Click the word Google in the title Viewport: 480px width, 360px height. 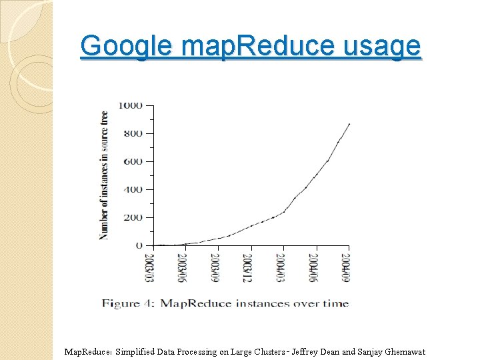(126, 46)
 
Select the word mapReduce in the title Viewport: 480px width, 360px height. (257, 45)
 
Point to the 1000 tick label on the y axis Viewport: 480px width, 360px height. (131, 105)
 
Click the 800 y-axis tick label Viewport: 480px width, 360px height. (133, 133)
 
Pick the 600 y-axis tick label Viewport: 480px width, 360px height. (133, 161)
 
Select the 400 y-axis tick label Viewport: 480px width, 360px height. (133, 189)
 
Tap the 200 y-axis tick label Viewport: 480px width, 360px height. (133, 217)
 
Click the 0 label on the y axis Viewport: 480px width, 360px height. (139, 245)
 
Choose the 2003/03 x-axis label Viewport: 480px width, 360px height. (150, 267)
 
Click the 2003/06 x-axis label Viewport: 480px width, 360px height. (182, 267)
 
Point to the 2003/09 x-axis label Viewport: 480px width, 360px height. (215, 267)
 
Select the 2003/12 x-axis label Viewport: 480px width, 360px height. (247, 267)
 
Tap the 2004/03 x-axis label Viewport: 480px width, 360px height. (280, 267)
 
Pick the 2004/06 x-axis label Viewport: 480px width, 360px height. (313, 267)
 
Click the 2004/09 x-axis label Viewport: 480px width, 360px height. (346, 267)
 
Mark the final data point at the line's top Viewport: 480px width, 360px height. (349, 124)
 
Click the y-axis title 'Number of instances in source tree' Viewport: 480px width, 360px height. (104, 175)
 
